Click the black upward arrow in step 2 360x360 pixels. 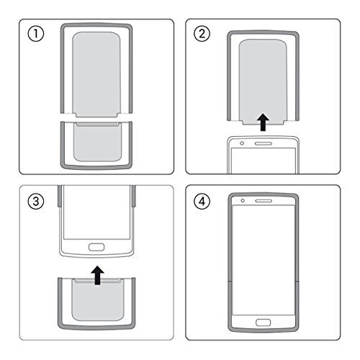pos(264,123)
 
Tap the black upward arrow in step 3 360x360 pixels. pos(96,274)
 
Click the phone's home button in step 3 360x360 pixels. pos(96,248)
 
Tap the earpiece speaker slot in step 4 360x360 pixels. pos(264,201)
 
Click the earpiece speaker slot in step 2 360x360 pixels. pos(264,144)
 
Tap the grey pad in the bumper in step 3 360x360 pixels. pos(96,302)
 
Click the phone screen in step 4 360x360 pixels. pos(264,259)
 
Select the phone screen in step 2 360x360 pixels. pos(264,162)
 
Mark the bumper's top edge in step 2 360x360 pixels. pos(264,32)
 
